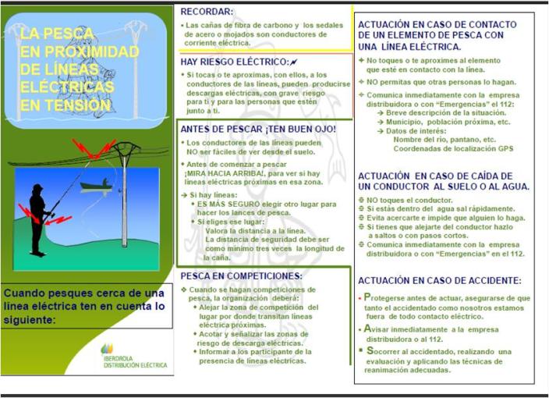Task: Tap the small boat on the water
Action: [95, 185]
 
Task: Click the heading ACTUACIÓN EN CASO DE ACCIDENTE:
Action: [439, 279]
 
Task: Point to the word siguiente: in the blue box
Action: [30, 318]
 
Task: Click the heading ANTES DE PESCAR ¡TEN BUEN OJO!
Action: [258, 128]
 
